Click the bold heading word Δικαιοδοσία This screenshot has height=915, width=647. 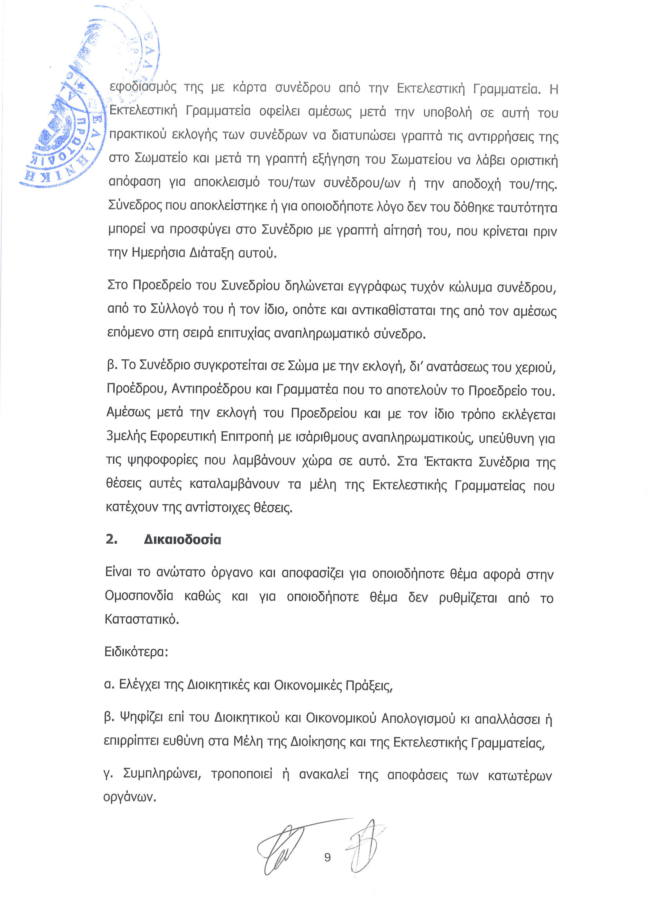click(182, 540)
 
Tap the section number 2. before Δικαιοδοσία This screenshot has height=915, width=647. click(112, 539)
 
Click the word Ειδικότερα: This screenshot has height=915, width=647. click(136, 652)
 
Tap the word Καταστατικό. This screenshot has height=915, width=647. click(142, 619)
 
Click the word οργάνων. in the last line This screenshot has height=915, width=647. click(129, 797)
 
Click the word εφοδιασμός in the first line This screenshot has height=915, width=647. click(143, 86)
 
